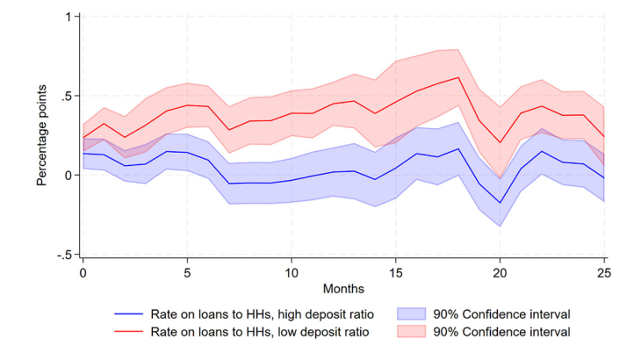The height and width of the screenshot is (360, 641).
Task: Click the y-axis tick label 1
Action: [x=68, y=17]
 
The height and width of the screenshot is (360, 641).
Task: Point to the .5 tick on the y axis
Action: [x=66, y=96]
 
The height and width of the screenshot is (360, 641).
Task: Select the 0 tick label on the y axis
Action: [x=68, y=175]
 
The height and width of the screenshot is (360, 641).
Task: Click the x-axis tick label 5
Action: [x=187, y=273]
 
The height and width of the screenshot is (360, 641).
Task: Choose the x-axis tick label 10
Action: [x=292, y=273]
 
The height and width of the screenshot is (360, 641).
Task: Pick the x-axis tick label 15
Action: [x=396, y=273]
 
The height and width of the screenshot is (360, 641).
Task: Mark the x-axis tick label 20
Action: [x=501, y=273]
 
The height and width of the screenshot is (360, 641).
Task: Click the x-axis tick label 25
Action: [x=605, y=273]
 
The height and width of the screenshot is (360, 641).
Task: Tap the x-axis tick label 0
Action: [x=83, y=273]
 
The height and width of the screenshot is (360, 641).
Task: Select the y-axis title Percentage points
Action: [x=42, y=136]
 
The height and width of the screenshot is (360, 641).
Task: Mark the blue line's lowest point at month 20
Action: [x=501, y=203]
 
